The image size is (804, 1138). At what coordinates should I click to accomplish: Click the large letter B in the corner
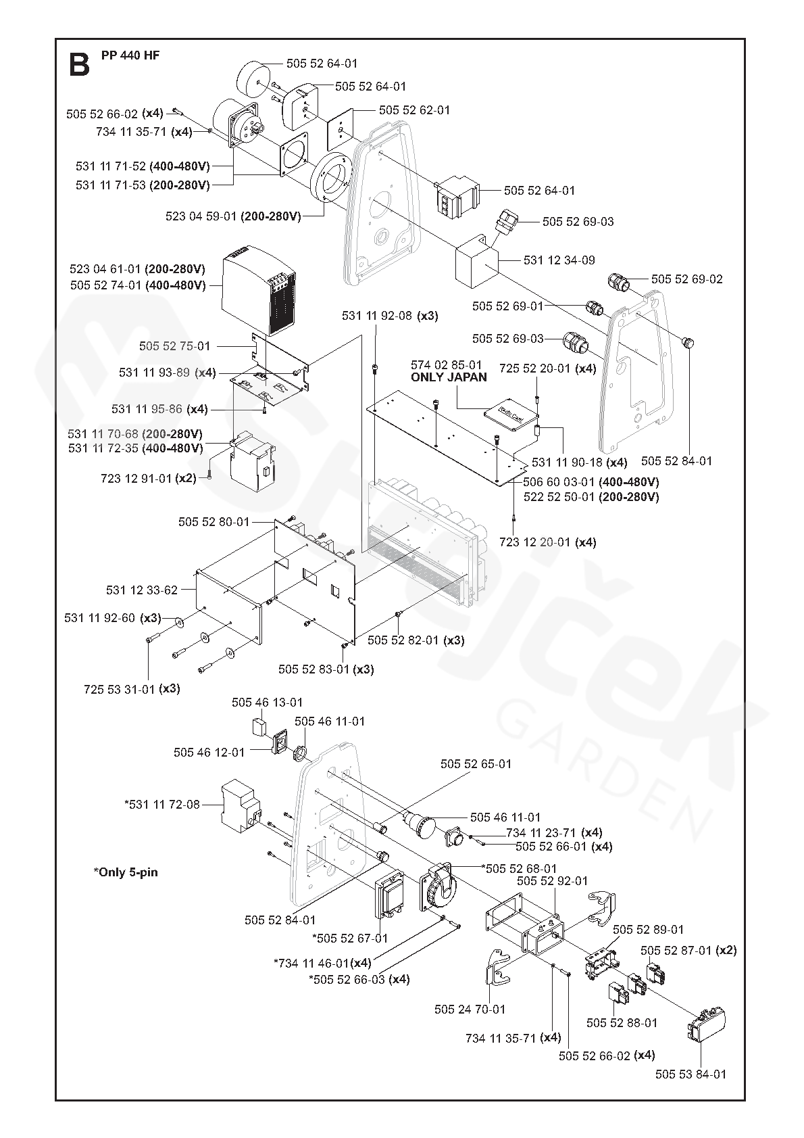pyautogui.click(x=79, y=64)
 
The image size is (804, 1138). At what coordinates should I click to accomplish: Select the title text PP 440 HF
pyautogui.click(x=130, y=55)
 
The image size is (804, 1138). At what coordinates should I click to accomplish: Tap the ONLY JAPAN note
pyautogui.click(x=449, y=377)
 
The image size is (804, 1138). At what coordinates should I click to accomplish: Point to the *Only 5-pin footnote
pyautogui.click(x=126, y=872)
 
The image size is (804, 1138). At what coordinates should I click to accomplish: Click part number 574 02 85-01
pyautogui.click(x=447, y=365)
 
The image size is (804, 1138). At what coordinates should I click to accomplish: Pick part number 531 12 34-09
pyautogui.click(x=559, y=260)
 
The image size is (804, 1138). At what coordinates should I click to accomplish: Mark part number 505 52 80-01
pyautogui.click(x=214, y=522)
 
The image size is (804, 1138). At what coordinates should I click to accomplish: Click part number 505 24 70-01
pyautogui.click(x=470, y=1009)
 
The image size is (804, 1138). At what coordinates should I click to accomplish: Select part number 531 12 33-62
pyautogui.click(x=142, y=590)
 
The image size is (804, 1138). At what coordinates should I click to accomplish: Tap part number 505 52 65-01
pyautogui.click(x=476, y=763)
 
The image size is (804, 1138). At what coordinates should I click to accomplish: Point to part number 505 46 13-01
pyautogui.click(x=267, y=703)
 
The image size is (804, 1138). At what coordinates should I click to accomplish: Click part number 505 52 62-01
pyautogui.click(x=414, y=110)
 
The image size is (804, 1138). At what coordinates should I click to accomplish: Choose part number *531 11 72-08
pyautogui.click(x=162, y=804)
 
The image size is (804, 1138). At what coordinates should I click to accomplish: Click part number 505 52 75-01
pyautogui.click(x=175, y=346)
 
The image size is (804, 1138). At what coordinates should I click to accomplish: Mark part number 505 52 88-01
pyautogui.click(x=622, y=1041)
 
